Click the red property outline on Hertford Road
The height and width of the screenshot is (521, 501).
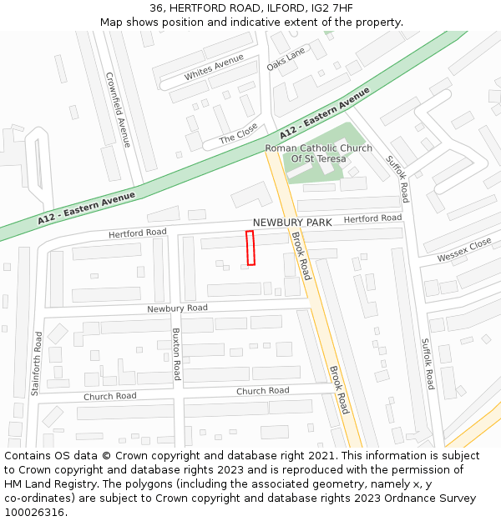[x=250, y=248]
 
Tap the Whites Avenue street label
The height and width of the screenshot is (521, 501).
[x=214, y=68]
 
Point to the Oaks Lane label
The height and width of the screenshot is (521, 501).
[x=286, y=58]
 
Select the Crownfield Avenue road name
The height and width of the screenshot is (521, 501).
[x=118, y=109]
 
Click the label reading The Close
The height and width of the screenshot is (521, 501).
[x=238, y=133]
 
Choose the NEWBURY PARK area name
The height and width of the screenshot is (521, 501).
[x=292, y=223]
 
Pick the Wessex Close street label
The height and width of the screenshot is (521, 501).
[x=464, y=249]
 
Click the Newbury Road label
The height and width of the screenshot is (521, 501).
[x=177, y=308]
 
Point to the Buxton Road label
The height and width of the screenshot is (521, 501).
[x=176, y=353]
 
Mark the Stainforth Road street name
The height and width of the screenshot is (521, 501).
[x=37, y=363]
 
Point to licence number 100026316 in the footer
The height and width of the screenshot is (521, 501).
[x=34, y=512]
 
